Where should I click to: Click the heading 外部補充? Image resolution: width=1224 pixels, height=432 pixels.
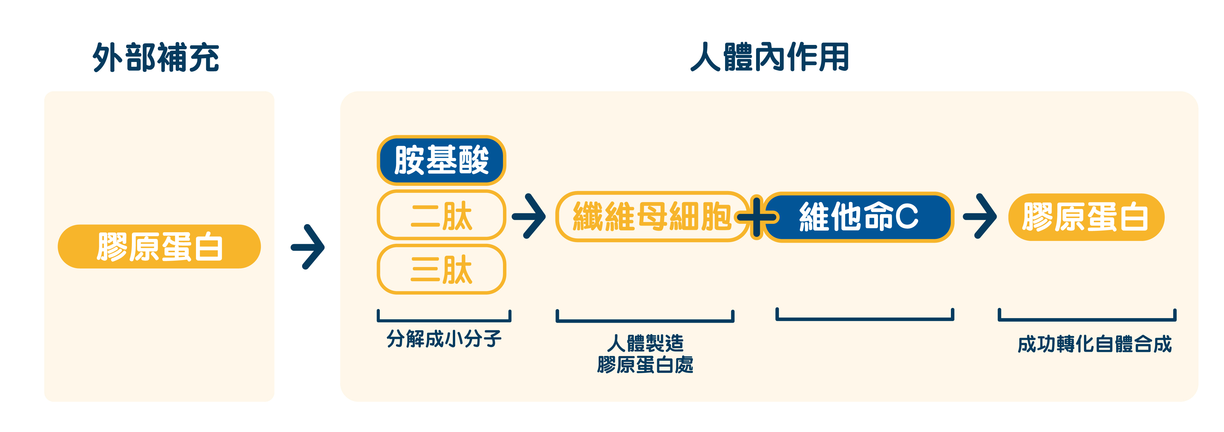(156, 57)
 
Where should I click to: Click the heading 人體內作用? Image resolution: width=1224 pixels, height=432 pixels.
(770, 57)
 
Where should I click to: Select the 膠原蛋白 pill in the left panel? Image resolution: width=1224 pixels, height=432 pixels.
(159, 247)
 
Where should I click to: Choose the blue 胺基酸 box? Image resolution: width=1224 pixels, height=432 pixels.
(442, 160)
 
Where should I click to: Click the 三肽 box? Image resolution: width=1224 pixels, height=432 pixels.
(442, 269)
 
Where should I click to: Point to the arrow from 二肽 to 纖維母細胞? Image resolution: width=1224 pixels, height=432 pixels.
(529, 216)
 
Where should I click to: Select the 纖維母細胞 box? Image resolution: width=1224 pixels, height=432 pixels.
(652, 217)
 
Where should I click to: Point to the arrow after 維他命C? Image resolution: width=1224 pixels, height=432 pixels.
(980, 216)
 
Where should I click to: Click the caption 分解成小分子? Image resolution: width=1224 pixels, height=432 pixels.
(444, 339)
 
